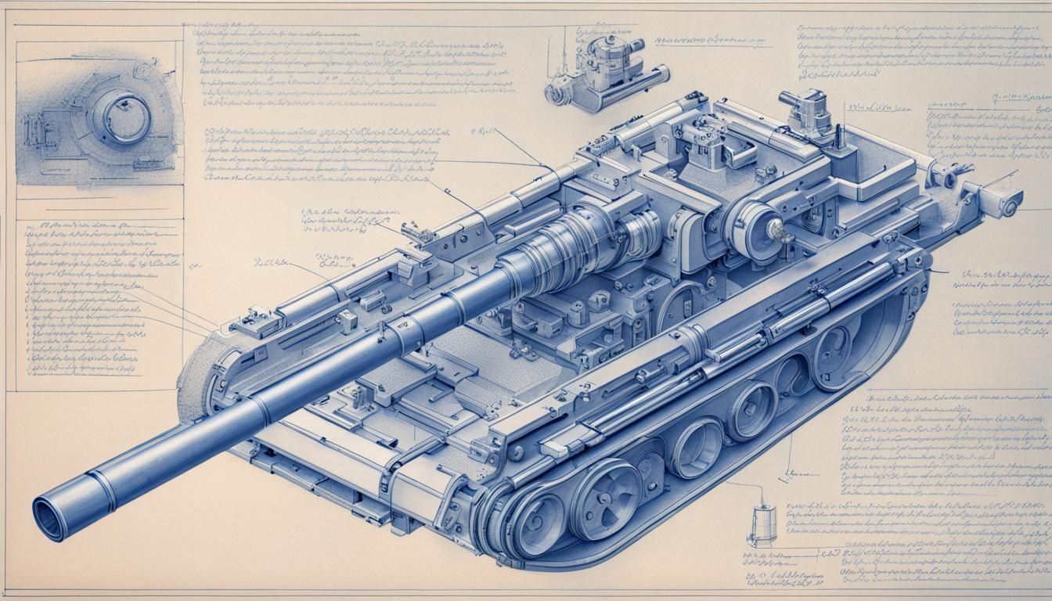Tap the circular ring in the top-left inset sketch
(x=122, y=116)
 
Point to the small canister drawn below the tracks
(x=761, y=522)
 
